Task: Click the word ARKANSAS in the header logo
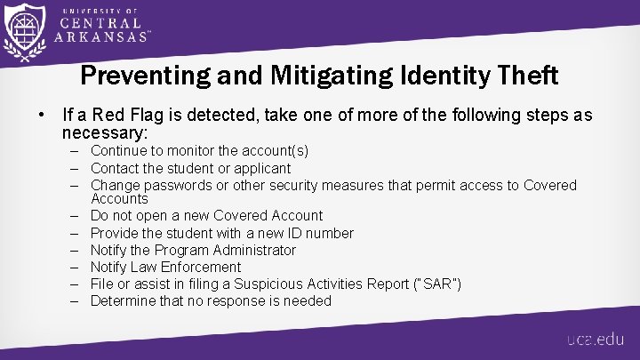coord(100,37)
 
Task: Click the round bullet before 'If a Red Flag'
coord(42,116)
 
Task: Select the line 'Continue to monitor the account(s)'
coord(199,151)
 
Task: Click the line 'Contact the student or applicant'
coord(190,168)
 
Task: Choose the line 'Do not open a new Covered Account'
coord(206,215)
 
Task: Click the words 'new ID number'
coord(312,233)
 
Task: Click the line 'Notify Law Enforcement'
coord(165,267)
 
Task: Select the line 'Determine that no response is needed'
coord(211,300)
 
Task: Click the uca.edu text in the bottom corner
coord(597,340)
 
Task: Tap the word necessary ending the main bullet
coord(105,133)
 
